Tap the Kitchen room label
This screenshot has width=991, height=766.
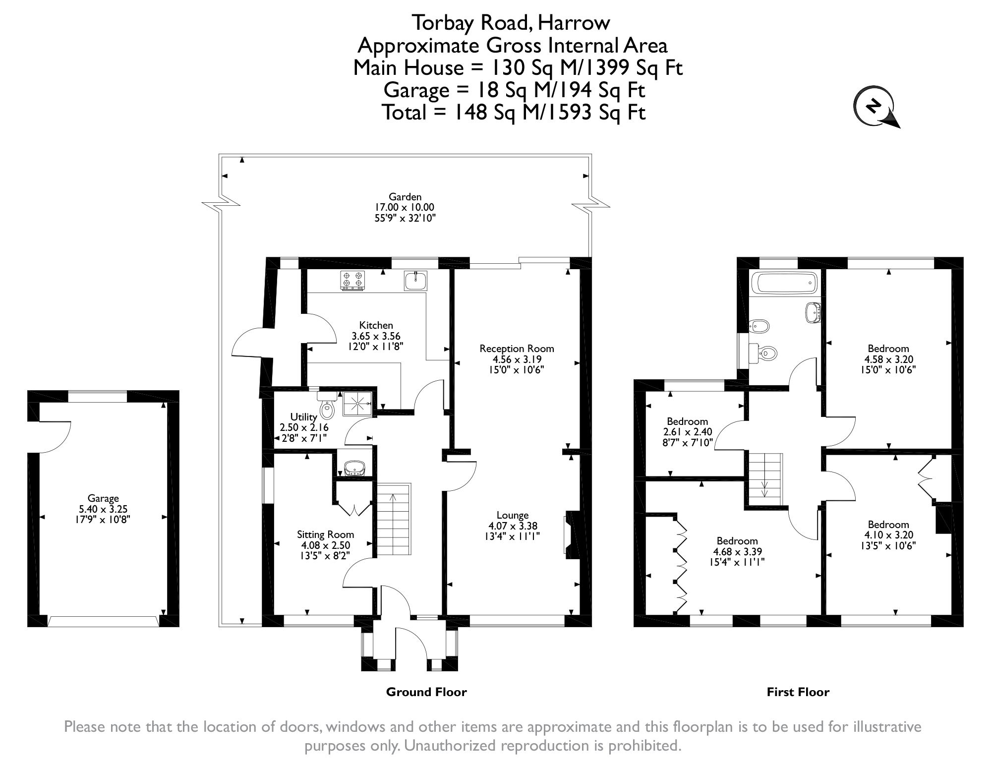[376, 325]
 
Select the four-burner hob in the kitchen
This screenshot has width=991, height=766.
[352, 280]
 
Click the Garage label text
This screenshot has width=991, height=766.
[103, 498]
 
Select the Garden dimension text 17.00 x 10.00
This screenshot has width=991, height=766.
[405, 207]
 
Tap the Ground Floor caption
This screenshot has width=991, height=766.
[426, 692]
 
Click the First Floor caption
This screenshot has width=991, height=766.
[798, 692]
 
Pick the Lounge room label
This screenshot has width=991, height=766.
[513, 515]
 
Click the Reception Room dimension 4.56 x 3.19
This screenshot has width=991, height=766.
[517, 359]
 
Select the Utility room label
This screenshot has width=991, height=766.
[303, 417]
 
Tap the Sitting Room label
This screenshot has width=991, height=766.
[325, 534]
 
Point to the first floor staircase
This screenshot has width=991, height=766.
[764, 479]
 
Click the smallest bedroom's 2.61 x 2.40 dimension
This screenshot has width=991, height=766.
[687, 432]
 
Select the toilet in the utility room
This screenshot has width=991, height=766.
[327, 407]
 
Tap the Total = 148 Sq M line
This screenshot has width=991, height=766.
[513, 113]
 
